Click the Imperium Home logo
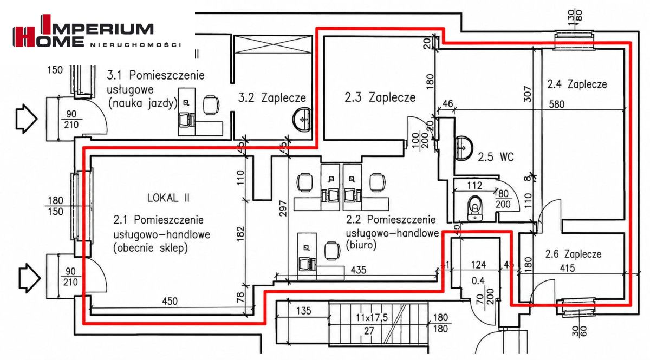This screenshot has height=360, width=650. click(97, 31)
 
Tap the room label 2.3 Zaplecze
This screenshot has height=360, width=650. click(380, 97)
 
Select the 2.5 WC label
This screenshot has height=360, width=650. click(496, 157)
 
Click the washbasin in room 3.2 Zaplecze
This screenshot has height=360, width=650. click(302, 120)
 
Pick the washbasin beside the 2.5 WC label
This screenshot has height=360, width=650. click(464, 148)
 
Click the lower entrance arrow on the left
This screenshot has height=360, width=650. click(29, 278)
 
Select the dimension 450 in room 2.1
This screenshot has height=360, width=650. click(170, 301)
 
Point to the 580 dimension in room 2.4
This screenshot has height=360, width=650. click(557, 104)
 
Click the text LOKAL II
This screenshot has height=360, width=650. click(168, 198)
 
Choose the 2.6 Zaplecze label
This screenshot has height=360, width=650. click(573, 254)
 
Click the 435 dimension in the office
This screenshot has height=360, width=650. click(359, 270)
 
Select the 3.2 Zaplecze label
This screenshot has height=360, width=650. click(272, 98)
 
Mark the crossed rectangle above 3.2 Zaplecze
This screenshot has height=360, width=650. click(272, 44)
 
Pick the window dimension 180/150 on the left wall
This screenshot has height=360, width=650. click(55, 206)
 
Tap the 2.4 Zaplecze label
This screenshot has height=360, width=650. click(577, 84)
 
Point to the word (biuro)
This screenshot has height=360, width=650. click(361, 246)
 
